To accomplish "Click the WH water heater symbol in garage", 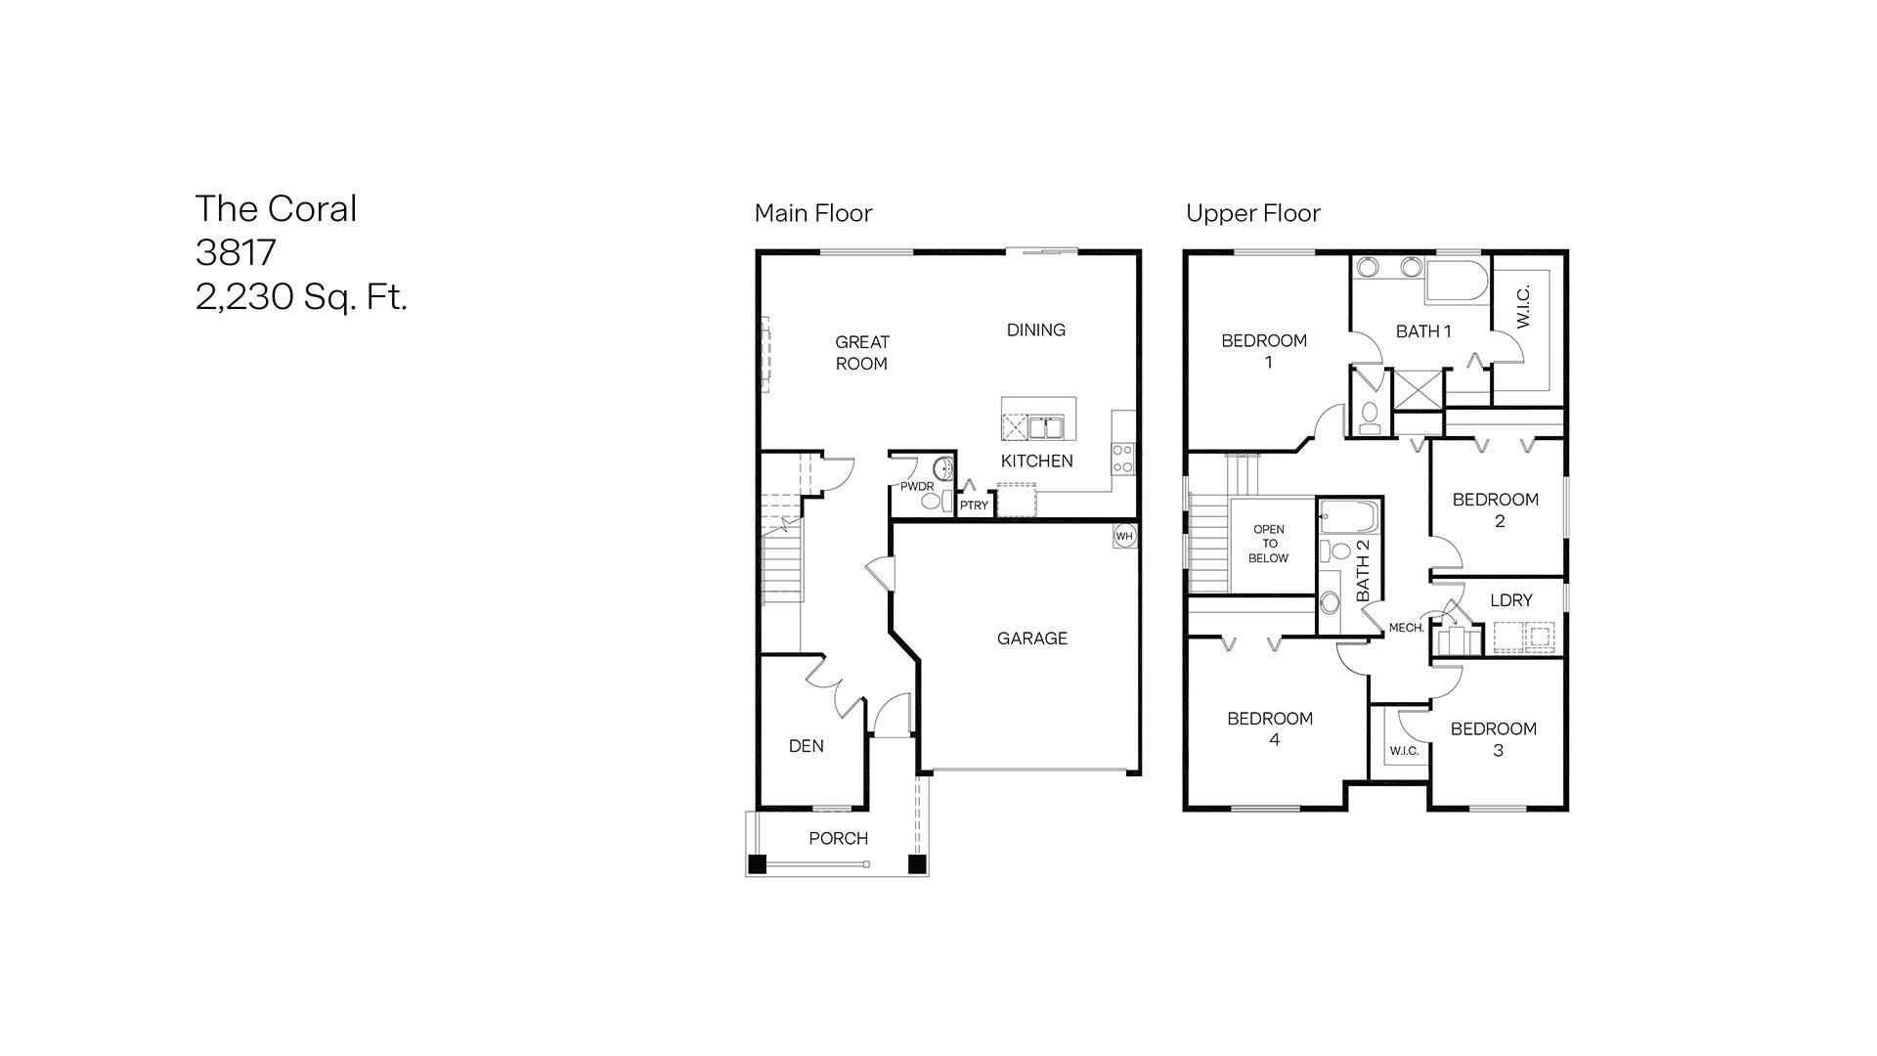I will point(1124,536).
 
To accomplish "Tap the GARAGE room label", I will point(1031,638).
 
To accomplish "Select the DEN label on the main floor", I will point(806,746).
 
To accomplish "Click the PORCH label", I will point(838,838).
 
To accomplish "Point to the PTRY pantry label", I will point(973,506).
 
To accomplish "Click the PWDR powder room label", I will point(917,486).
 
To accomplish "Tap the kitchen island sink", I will point(1045,427).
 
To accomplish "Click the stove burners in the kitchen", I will point(1122,459).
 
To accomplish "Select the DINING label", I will point(1035,330).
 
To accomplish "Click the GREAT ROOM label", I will point(861,352).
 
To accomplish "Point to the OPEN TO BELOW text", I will point(1268,544).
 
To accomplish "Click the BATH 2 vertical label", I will point(1363,571).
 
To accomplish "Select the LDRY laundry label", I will point(1510,600).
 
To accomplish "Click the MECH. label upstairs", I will point(1406,628).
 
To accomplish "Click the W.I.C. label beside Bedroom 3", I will point(1404,751).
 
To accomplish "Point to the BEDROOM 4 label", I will point(1270,728).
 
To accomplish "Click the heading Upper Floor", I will point(1252,213).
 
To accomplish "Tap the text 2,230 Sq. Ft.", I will point(301,296).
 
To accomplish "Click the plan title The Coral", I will point(276,208).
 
